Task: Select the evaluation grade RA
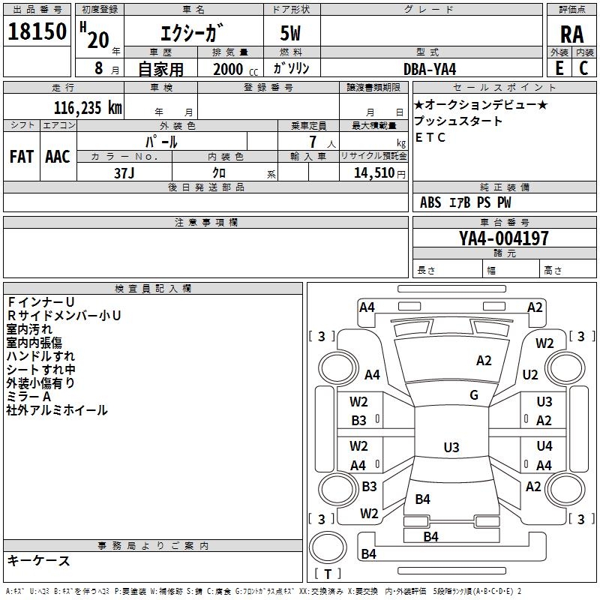571,34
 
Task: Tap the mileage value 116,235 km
87,107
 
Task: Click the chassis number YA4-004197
504,238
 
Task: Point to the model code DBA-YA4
430,68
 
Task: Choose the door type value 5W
292,34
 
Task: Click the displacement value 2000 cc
232,69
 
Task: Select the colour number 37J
124,172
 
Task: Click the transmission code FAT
21,157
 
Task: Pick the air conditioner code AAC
58,157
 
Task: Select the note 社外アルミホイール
57,410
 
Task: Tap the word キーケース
39,560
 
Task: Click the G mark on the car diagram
474,394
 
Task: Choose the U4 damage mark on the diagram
544,446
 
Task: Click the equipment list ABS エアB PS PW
466,202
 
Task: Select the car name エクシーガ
192,34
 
